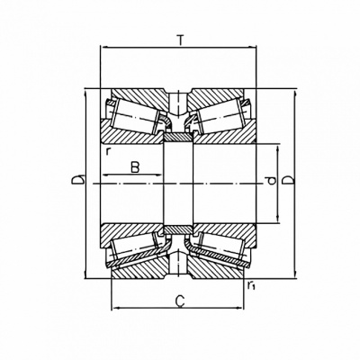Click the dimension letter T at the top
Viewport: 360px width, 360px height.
point(180,40)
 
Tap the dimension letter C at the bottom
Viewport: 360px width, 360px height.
point(180,301)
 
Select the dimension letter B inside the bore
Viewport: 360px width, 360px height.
point(135,167)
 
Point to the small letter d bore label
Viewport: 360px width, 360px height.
point(272,181)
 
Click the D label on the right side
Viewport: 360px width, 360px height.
point(289,180)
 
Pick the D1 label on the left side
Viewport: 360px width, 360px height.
point(78,179)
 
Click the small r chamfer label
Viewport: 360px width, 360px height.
point(107,151)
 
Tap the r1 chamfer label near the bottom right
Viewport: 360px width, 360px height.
point(251,286)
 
